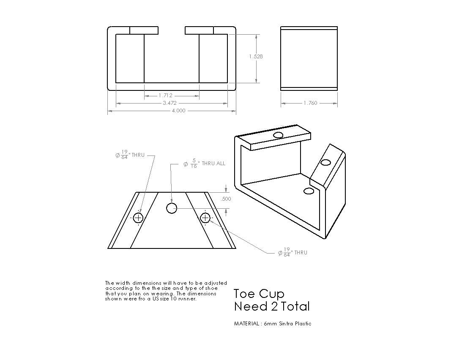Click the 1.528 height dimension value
[x=256, y=57]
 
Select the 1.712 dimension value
[x=165, y=95]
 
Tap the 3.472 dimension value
[x=170, y=103]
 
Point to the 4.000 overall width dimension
[x=178, y=111]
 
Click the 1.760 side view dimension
[x=310, y=103]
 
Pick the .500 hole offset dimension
[x=226, y=199]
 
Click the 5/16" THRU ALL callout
[x=204, y=164]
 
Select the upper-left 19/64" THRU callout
[x=130, y=155]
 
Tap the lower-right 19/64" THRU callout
[x=293, y=253]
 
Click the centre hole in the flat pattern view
[x=172, y=208]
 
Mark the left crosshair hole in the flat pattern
[x=138, y=218]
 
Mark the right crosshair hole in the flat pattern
[x=205, y=218]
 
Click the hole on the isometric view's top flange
[x=279, y=135]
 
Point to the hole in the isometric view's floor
[x=309, y=191]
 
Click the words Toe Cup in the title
[x=259, y=294]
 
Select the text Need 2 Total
[x=272, y=306]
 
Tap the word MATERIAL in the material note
[x=246, y=324]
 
